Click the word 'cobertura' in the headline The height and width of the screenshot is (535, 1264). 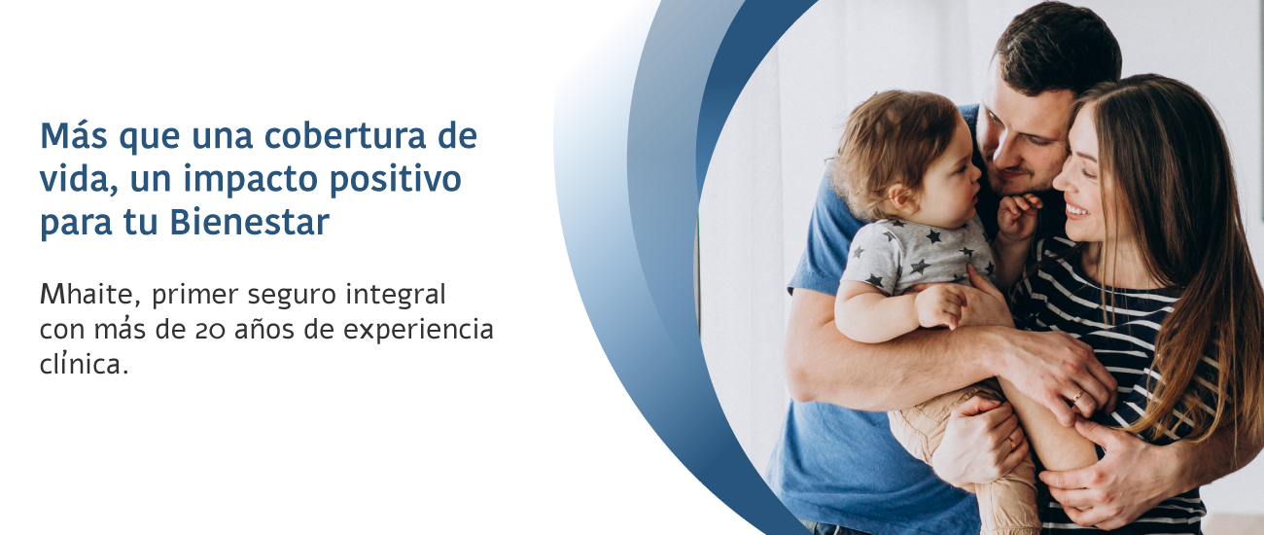click(x=345, y=135)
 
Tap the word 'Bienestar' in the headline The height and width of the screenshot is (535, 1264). click(x=250, y=223)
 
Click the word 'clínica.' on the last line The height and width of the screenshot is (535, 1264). click(x=84, y=364)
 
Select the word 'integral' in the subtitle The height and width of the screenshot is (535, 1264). click(x=396, y=295)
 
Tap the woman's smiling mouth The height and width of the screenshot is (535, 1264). click(x=1076, y=211)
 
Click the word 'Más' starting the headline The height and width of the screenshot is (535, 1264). click(x=74, y=135)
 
